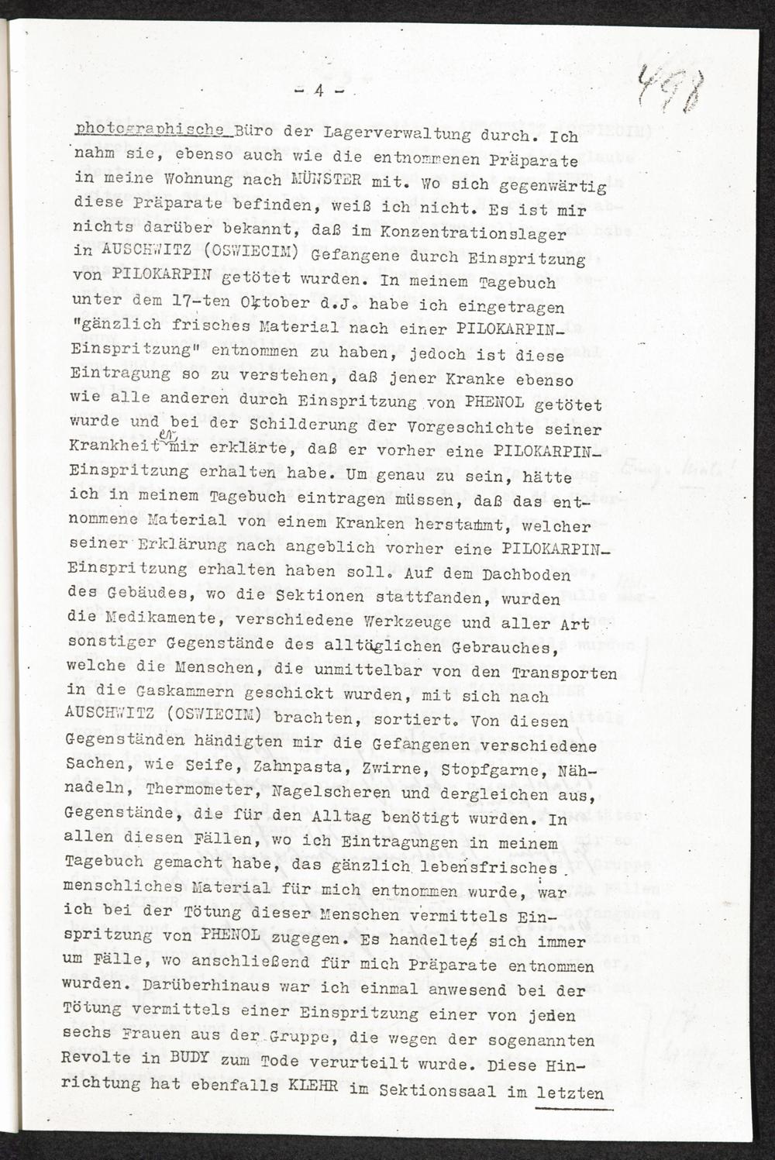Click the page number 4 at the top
tap(319, 91)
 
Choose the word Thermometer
tap(174, 793)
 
